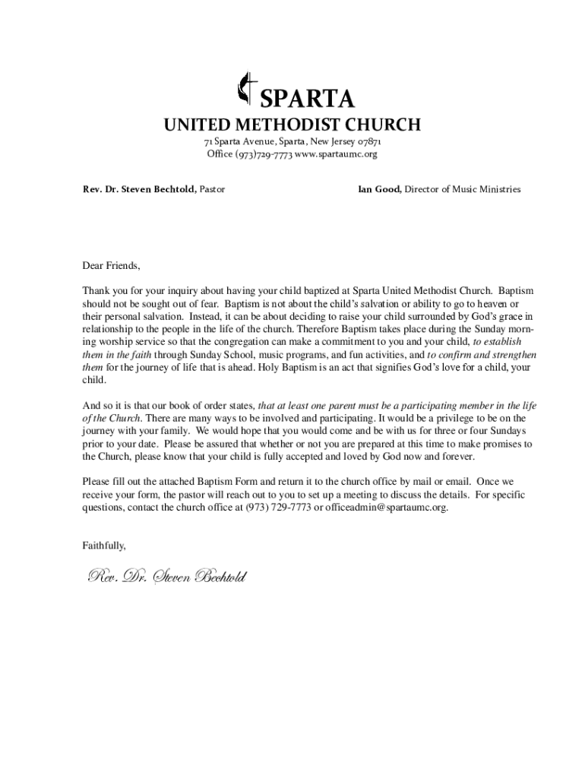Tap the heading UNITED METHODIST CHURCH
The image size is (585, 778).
(292, 125)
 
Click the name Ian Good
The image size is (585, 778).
(379, 189)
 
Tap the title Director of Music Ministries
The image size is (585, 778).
(463, 189)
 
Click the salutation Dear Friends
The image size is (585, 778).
(111, 265)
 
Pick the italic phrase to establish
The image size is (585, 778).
(493, 342)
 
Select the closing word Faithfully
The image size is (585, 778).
(104, 546)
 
